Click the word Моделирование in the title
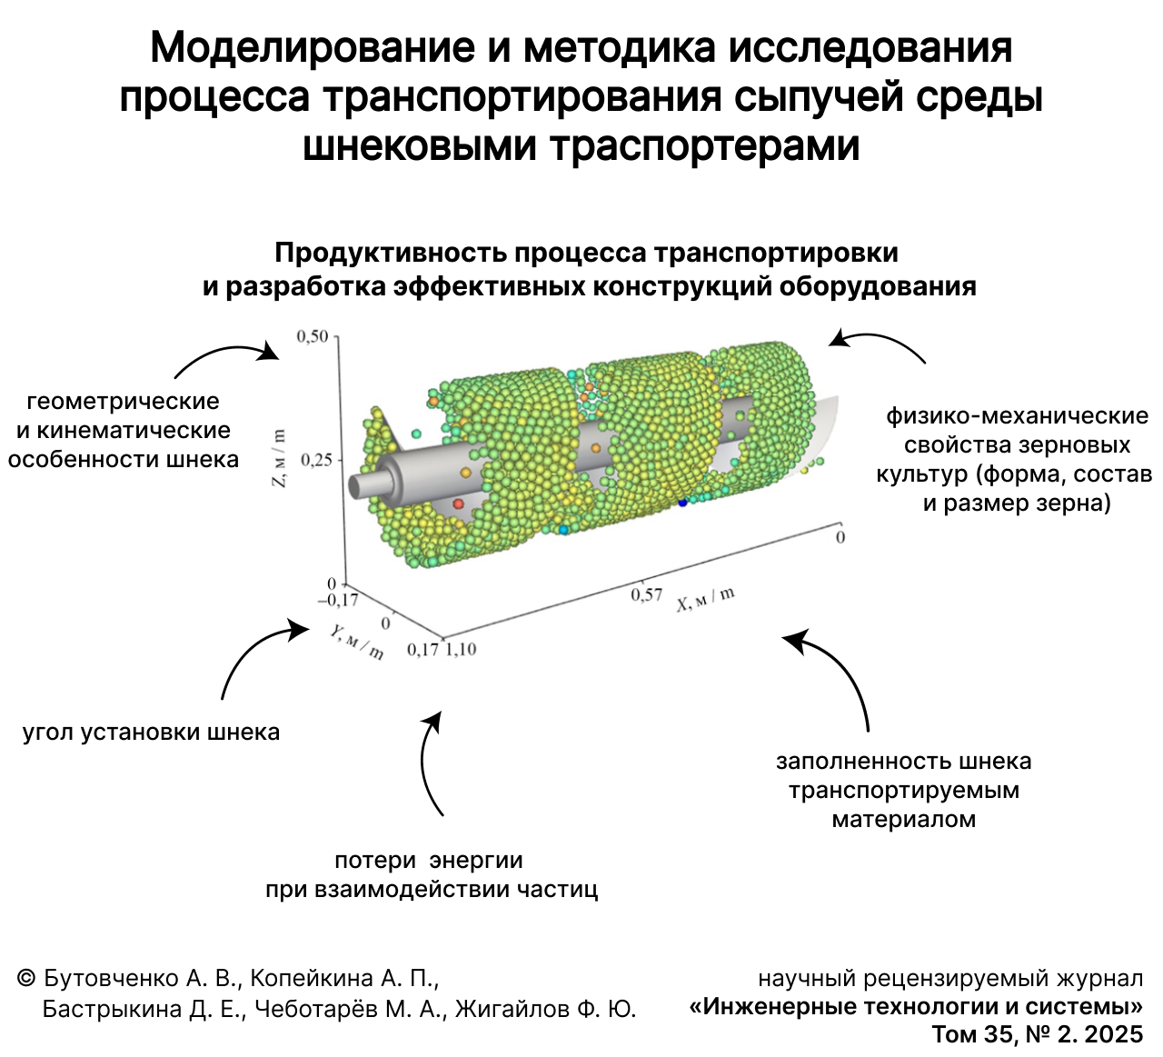pyautogui.click(x=313, y=48)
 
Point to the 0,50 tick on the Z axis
pyautogui.click(x=313, y=337)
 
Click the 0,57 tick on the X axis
pyautogui.click(x=647, y=594)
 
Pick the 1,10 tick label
pyautogui.click(x=462, y=649)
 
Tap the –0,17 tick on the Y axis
pyautogui.click(x=338, y=600)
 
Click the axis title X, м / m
pyautogui.click(x=706, y=599)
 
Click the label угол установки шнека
pyautogui.click(x=151, y=733)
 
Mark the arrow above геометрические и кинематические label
pyautogui.click(x=227, y=356)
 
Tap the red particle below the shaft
pyautogui.click(x=459, y=504)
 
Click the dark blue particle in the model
pyautogui.click(x=683, y=502)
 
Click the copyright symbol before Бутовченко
pyautogui.click(x=26, y=978)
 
